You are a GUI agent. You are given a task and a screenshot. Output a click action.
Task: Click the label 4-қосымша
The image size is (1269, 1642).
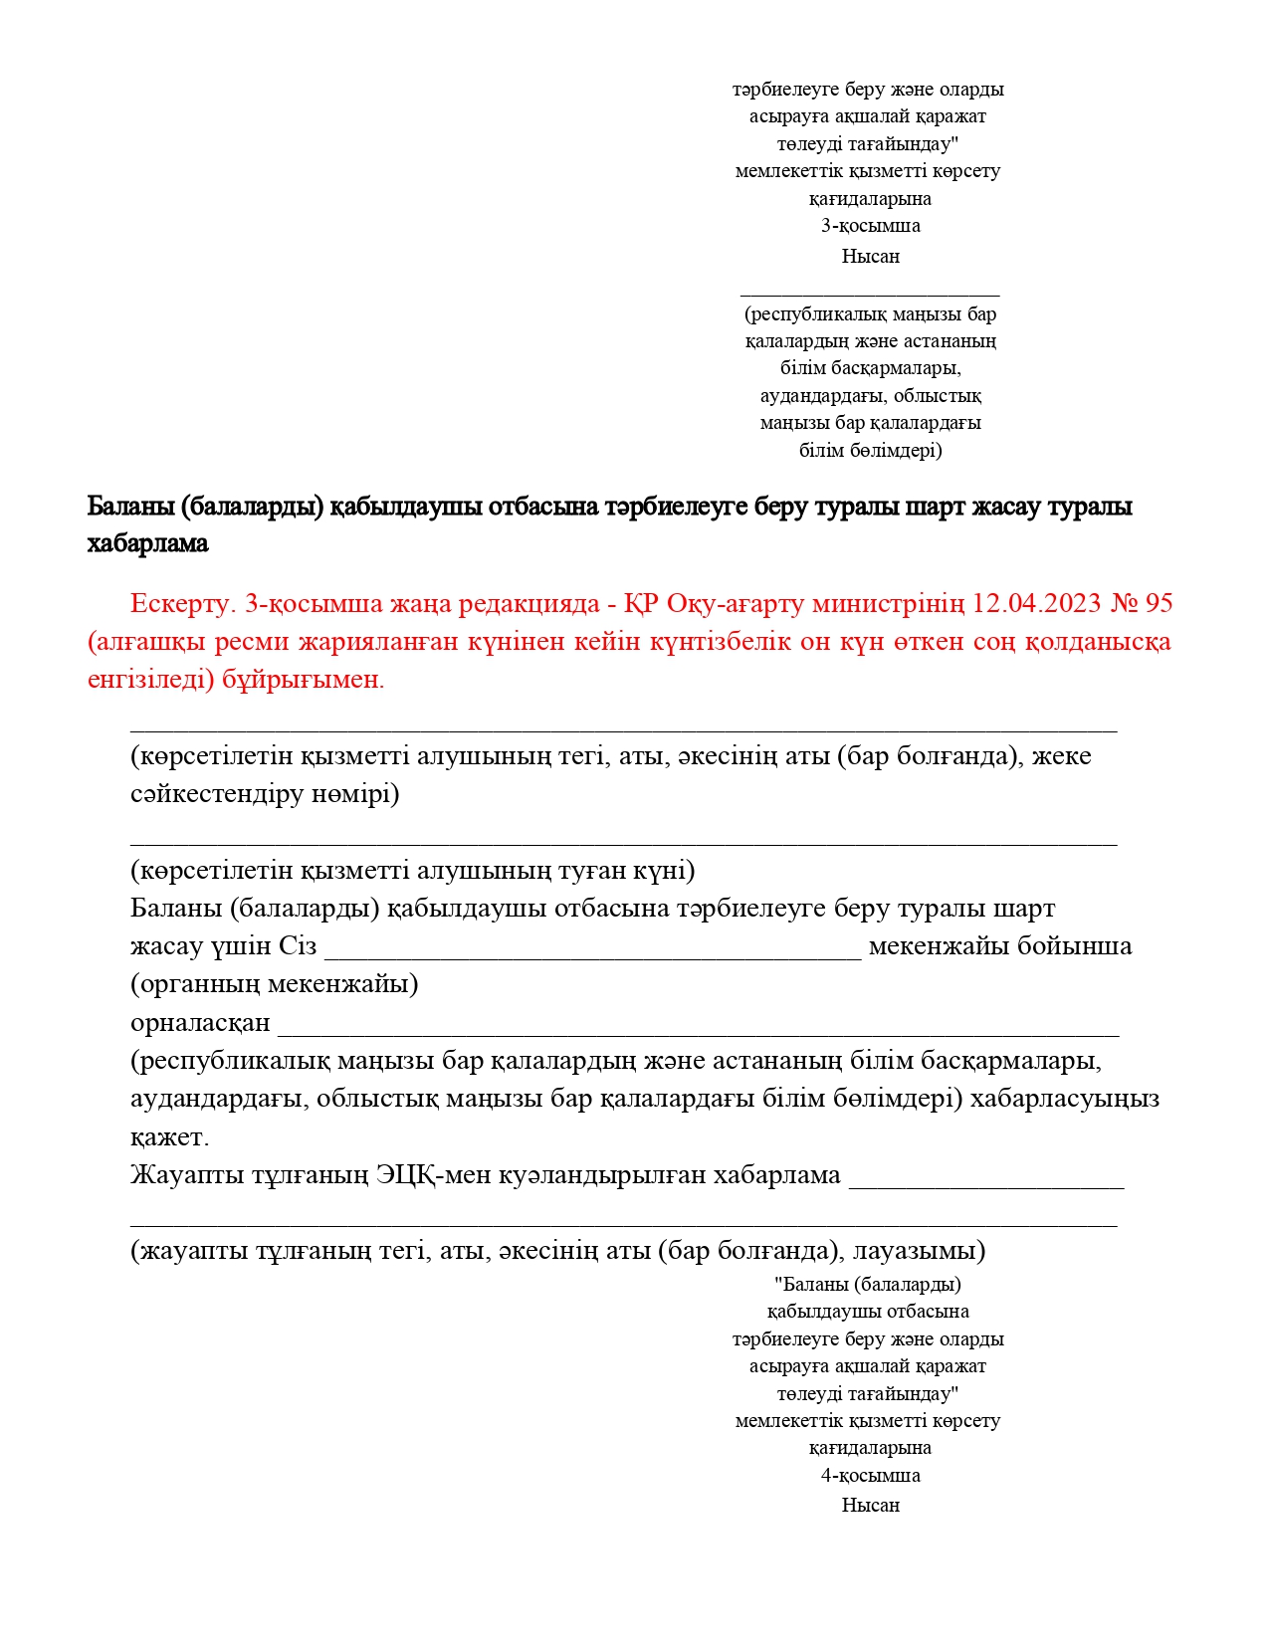pos(870,1475)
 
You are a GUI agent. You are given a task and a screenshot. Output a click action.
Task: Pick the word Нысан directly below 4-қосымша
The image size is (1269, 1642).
pos(870,1505)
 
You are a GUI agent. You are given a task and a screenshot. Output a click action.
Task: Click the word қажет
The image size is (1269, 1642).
pos(169,1137)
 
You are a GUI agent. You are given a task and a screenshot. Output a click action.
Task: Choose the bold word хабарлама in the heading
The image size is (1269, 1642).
pos(147,543)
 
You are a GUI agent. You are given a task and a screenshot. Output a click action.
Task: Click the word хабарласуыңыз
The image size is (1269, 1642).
pos(1065,1100)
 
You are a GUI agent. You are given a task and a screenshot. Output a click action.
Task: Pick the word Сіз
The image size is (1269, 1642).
pos(298,946)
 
